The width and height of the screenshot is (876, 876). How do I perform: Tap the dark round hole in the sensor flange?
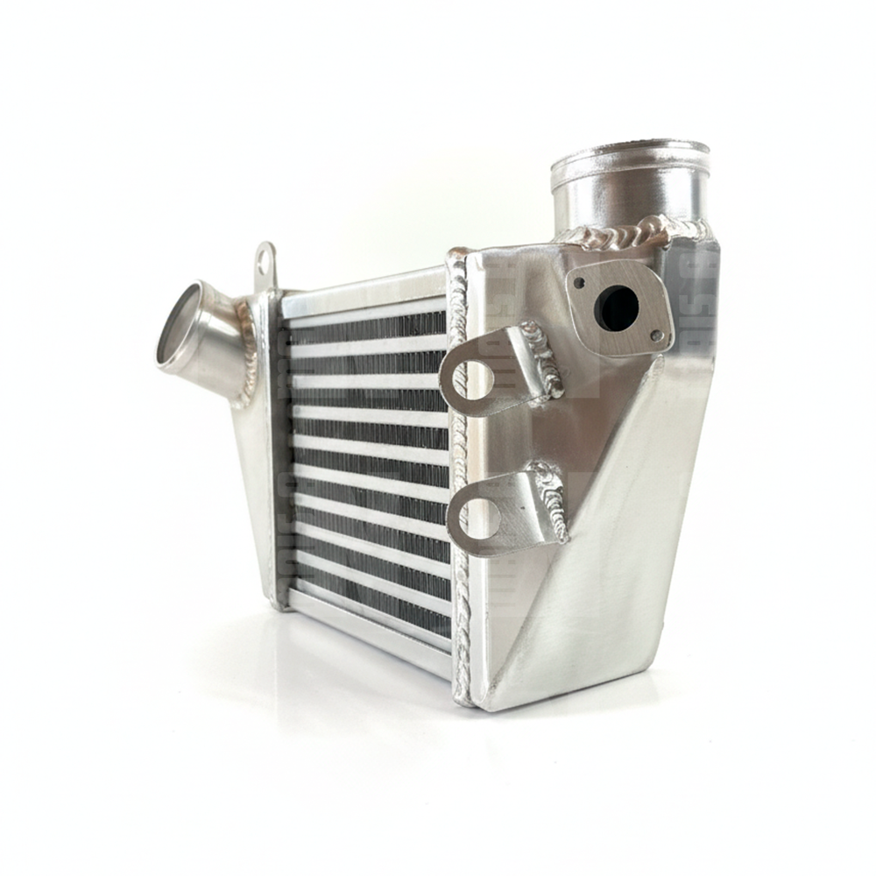pos(617,308)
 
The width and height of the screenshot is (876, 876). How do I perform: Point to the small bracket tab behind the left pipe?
pos(264,261)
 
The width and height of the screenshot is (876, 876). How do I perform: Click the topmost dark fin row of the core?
pos(368,328)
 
